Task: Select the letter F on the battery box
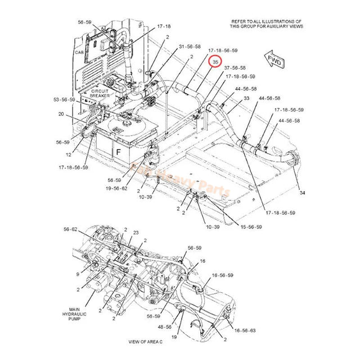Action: [119, 152]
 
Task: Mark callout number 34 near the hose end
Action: [303, 193]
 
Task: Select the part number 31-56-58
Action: [190, 46]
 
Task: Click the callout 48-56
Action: [165, 326]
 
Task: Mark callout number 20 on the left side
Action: [61, 114]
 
